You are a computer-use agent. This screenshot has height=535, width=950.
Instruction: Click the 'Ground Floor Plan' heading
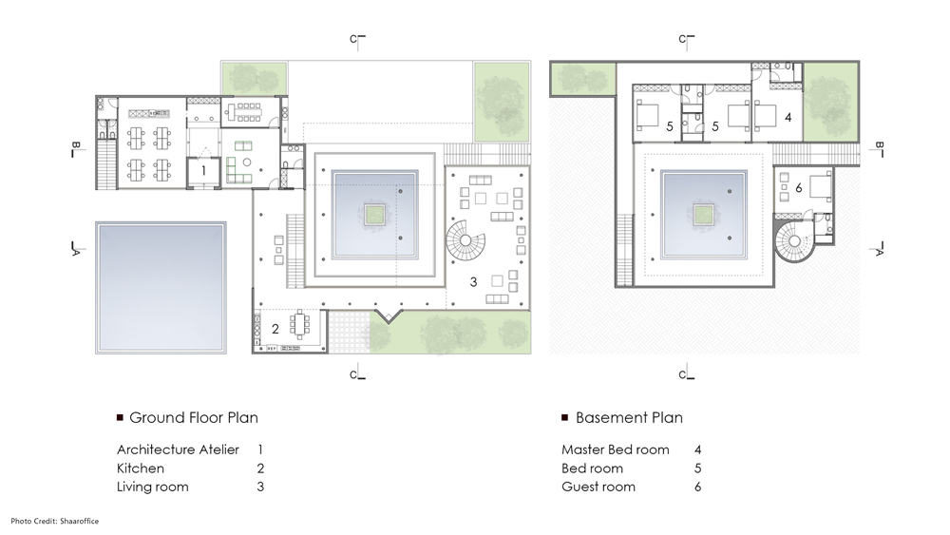[193, 417]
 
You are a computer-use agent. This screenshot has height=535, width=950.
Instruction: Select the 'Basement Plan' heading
[629, 417]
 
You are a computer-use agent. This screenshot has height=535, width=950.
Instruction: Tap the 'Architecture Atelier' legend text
[178, 449]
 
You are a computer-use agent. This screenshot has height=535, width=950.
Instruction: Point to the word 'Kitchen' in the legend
[141, 468]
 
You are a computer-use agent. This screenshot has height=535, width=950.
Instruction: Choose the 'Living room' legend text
[152, 487]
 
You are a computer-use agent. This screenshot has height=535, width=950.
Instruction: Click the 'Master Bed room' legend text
[616, 449]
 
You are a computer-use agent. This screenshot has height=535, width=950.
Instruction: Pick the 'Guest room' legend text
[598, 487]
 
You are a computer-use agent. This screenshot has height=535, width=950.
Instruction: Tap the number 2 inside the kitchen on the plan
[275, 329]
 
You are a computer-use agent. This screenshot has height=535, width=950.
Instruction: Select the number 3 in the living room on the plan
[473, 281]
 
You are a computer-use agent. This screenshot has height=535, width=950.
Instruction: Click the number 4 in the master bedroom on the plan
[788, 119]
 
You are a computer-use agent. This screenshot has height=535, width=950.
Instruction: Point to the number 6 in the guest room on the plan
[798, 189]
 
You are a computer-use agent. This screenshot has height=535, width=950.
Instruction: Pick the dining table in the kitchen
[303, 326]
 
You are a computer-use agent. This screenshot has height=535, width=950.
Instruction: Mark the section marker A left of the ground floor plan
[74, 249]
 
